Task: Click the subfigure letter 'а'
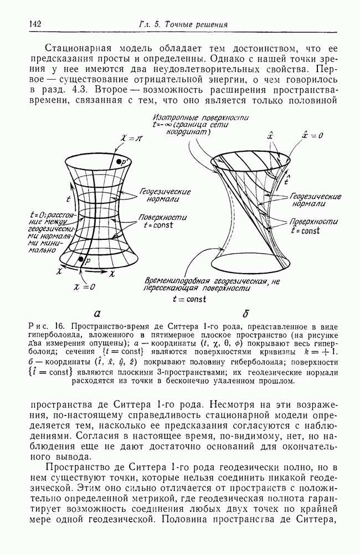click(x=97, y=312)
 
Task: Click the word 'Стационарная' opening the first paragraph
click(x=75, y=47)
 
